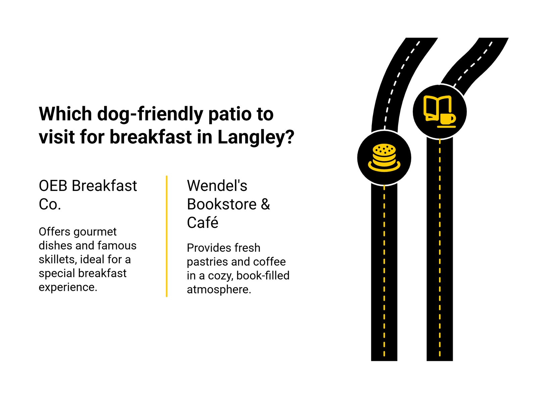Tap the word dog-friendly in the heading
[150, 114]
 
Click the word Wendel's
[217, 186]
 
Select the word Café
[202, 223]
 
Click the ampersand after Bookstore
[265, 204]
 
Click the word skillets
[57, 260]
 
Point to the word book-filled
[263, 276]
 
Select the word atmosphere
[218, 289]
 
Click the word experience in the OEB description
[68, 287]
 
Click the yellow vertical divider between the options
[166, 236]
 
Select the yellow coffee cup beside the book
[447, 119]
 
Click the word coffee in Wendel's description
[270, 262]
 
